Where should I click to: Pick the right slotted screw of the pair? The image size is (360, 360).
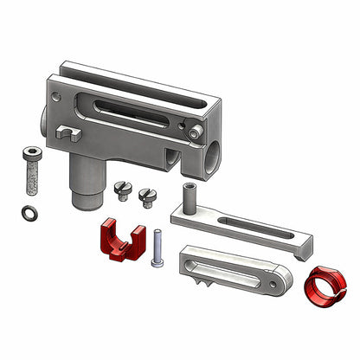144,193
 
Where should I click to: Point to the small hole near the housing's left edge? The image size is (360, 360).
57,89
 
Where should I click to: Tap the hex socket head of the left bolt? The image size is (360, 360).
30,154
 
